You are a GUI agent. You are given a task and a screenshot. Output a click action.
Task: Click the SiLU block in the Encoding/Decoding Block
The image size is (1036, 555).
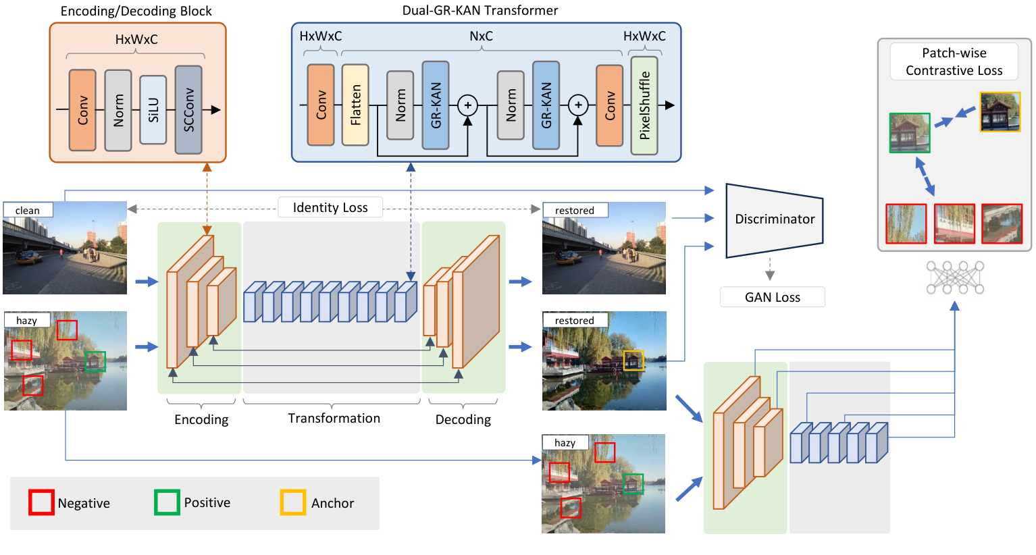coord(153,110)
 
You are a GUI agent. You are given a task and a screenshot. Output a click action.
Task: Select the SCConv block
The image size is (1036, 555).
coord(188,109)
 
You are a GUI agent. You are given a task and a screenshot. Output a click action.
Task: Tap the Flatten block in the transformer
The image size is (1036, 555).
coord(355,105)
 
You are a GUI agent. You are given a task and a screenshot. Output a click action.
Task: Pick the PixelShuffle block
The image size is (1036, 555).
coord(644,105)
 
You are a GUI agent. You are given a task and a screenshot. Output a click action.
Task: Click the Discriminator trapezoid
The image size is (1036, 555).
coord(774,219)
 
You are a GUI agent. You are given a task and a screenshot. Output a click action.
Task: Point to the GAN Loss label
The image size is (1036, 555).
coord(772,297)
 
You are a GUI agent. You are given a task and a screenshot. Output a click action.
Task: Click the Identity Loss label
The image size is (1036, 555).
coord(330,207)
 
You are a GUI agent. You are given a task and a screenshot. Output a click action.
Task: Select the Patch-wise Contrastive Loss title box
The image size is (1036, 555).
coord(954,61)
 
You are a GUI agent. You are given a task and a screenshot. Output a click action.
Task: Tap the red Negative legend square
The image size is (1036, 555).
coord(41,503)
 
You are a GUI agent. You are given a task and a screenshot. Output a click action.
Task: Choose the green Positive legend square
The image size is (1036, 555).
coord(167,503)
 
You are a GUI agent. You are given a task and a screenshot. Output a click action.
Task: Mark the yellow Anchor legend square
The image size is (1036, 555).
coord(293,503)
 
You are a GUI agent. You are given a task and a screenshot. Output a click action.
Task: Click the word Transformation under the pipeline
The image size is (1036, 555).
coord(334,419)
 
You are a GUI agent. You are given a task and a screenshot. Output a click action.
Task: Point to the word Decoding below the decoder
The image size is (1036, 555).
coord(463,420)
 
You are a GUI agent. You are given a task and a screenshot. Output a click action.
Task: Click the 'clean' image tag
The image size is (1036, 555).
coord(28,210)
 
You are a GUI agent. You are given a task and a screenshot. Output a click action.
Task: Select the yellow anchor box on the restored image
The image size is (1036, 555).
coord(633,361)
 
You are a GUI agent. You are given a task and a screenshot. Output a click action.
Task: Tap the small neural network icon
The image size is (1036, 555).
coord(955,277)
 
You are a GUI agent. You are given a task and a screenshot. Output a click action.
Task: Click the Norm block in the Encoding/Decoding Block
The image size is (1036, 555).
coord(118,110)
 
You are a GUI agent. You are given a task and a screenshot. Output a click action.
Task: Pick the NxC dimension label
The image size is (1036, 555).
coord(481,36)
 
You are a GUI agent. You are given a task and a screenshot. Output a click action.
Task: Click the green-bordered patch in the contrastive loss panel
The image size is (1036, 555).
coord(910,133)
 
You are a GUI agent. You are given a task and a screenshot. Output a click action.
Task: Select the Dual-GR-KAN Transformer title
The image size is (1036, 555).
coord(480,11)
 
